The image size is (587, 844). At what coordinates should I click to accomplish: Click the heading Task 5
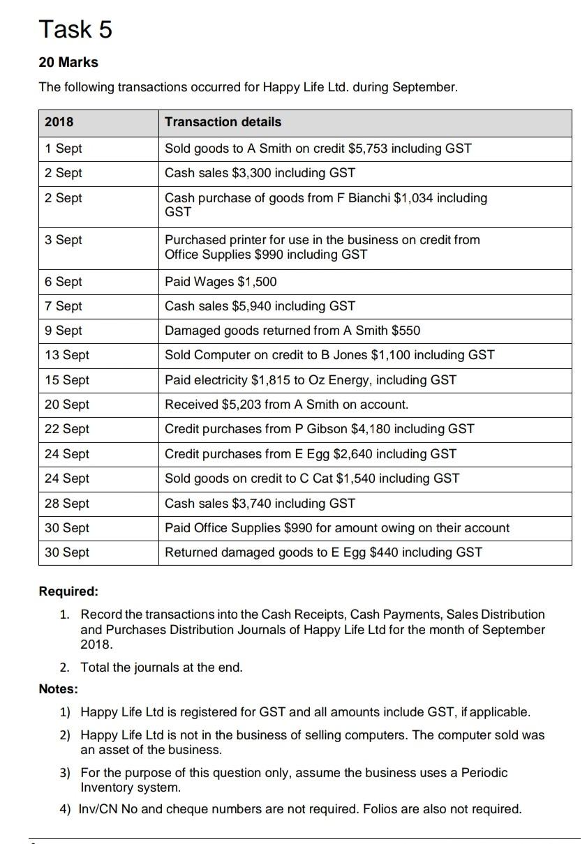coord(75,29)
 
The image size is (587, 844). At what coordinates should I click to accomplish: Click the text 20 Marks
coord(68,62)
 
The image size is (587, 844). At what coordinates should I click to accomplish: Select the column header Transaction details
coord(223,122)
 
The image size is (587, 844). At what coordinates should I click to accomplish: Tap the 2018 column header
coord(59,122)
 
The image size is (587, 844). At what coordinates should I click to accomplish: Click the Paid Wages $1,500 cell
coord(221,282)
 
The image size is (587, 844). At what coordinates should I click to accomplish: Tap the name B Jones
coord(364,355)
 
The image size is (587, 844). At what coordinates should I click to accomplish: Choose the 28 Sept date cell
coord(66,504)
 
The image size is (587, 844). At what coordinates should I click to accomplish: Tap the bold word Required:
coord(68,591)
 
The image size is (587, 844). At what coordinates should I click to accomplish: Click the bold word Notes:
coord(59,689)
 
